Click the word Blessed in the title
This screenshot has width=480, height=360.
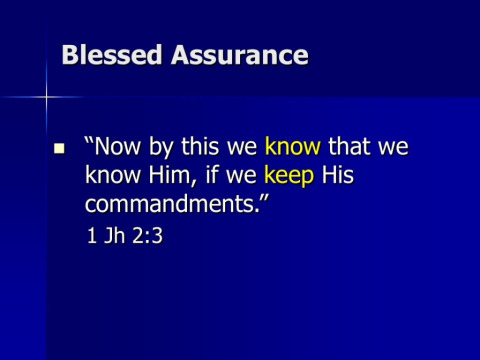pyautogui.click(x=112, y=55)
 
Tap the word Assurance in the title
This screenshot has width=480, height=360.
pyautogui.click(x=240, y=55)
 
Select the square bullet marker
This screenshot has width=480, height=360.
pyautogui.click(x=59, y=148)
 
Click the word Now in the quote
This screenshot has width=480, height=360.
pyautogui.click(x=118, y=146)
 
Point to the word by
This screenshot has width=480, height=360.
pyautogui.click(x=161, y=147)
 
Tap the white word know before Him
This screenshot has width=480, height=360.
pyautogui.click(x=113, y=174)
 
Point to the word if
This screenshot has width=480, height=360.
pyautogui.click(x=212, y=174)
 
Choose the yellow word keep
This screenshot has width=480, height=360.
pyautogui.click(x=289, y=176)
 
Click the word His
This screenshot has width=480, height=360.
pyautogui.click(x=338, y=174)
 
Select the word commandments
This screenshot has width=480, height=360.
pyautogui.click(x=172, y=203)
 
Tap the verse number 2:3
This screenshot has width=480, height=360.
pyautogui.click(x=147, y=236)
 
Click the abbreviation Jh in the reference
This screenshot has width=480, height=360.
pyautogui.click(x=114, y=236)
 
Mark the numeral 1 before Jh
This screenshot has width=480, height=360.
pyautogui.click(x=92, y=236)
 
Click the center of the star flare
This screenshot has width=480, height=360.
pyautogui.click(x=46, y=97)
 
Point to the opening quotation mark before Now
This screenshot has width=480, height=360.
pyautogui.click(x=89, y=140)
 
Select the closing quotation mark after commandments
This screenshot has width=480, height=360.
pyautogui.click(x=264, y=197)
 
